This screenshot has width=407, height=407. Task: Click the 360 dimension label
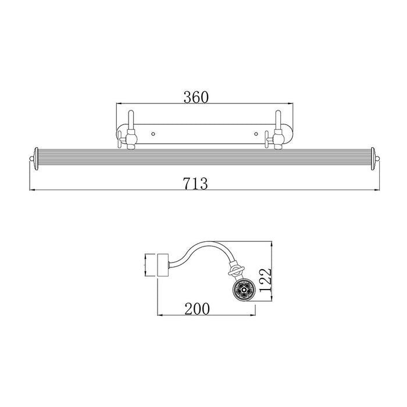point(195,97)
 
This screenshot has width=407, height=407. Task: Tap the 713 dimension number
point(196,184)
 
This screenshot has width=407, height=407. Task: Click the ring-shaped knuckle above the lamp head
point(234,272)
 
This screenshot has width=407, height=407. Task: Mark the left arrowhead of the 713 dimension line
point(31,190)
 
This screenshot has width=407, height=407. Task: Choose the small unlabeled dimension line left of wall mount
point(144,265)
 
